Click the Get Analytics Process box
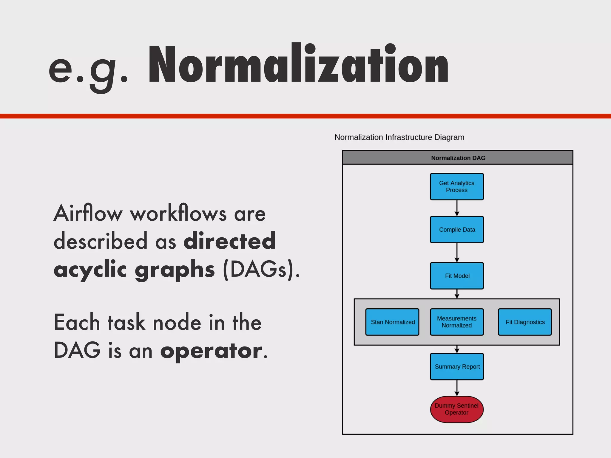457,187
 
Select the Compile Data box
457,230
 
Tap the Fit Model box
457,276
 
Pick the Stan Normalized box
392,322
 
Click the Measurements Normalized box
457,322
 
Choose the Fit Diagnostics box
525,322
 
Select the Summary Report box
457,366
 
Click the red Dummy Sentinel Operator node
457,409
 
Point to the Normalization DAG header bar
458,158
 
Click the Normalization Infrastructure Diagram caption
399,137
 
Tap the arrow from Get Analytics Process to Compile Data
457,208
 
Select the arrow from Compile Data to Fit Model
457,252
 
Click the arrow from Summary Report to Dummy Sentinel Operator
457,388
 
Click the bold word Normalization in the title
298,64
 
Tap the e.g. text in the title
88,69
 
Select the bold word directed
230,241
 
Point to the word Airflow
88,213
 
